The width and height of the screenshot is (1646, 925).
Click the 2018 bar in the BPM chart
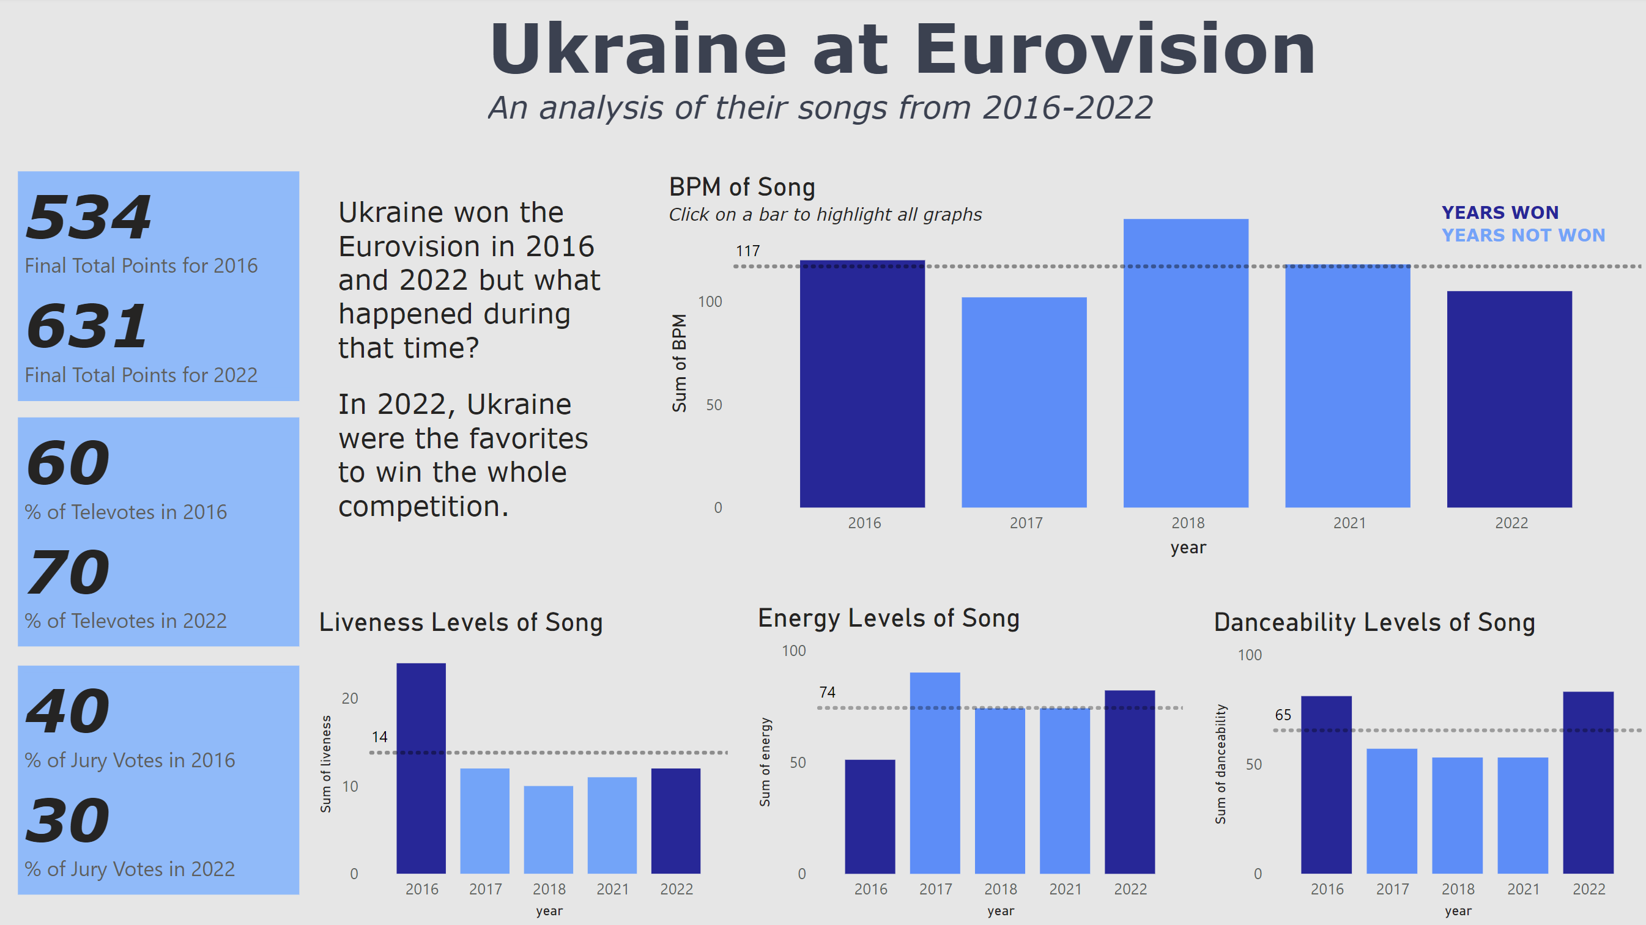(x=1185, y=364)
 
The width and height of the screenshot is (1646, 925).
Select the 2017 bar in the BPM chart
(x=1024, y=402)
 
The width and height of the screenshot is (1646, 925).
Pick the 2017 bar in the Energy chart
(x=935, y=773)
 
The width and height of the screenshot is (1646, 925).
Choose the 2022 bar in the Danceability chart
(x=1588, y=783)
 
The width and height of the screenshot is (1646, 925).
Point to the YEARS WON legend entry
(x=1500, y=213)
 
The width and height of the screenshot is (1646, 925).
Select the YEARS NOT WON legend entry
(x=1522, y=236)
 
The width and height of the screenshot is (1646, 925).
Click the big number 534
(x=89, y=218)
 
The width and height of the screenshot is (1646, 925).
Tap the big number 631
(x=87, y=326)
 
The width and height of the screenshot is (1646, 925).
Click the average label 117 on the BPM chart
(x=747, y=251)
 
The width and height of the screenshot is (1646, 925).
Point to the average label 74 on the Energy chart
(x=828, y=693)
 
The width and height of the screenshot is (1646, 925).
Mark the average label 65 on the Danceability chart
(x=1283, y=715)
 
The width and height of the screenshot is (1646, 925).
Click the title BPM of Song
(x=742, y=187)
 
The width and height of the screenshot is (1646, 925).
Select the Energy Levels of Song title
(x=888, y=618)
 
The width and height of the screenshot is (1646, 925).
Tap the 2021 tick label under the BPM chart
(x=1349, y=523)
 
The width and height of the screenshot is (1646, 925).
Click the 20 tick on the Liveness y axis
(x=349, y=698)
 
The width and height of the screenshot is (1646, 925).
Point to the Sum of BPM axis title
(x=679, y=363)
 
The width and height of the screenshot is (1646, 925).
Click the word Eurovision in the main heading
(x=1115, y=50)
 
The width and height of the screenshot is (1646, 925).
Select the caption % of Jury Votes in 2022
(x=130, y=869)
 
